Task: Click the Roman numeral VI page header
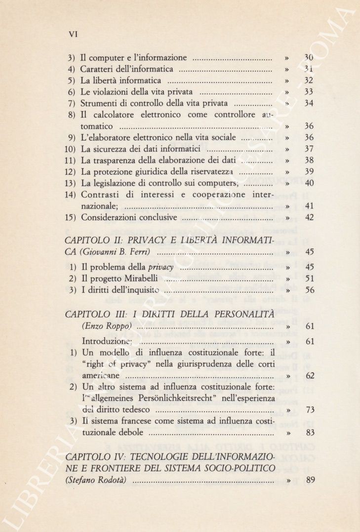[x=74, y=34]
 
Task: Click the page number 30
[x=309, y=58]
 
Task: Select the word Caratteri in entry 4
[x=97, y=69]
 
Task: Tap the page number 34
[x=309, y=103]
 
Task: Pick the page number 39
[x=309, y=171]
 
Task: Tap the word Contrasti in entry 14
[x=100, y=194]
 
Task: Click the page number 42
[x=309, y=217]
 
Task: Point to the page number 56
[x=309, y=290]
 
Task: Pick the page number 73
[x=309, y=409]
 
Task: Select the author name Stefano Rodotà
[x=98, y=479]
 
